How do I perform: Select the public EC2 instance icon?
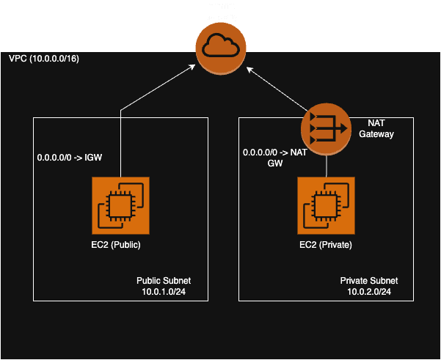(120, 205)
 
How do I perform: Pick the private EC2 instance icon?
(326, 205)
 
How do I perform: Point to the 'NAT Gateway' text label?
(381, 128)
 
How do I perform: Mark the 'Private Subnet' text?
(369, 281)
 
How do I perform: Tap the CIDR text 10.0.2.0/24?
(369, 292)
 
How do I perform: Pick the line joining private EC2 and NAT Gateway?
(326, 166)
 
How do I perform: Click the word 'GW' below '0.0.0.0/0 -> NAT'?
(274, 164)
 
